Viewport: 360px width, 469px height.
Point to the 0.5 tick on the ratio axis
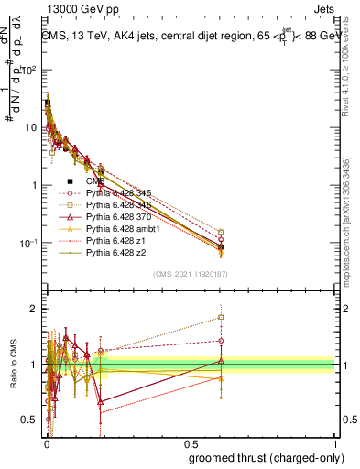pos(31,420)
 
